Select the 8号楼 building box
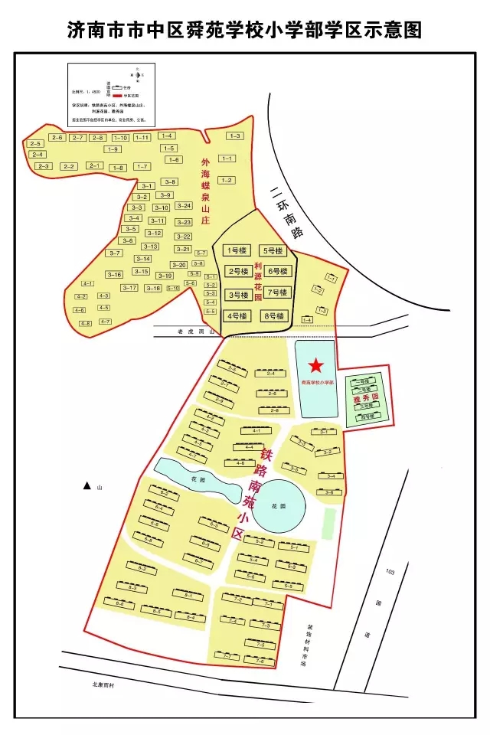[x=273, y=315]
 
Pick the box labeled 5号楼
[x=273, y=250]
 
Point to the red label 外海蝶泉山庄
[x=204, y=191]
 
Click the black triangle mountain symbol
[x=87, y=486]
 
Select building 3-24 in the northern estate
[x=184, y=205]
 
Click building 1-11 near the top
[x=142, y=138]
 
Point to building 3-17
[x=129, y=288]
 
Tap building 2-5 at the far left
[x=34, y=144]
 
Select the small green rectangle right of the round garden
[x=329, y=522]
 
